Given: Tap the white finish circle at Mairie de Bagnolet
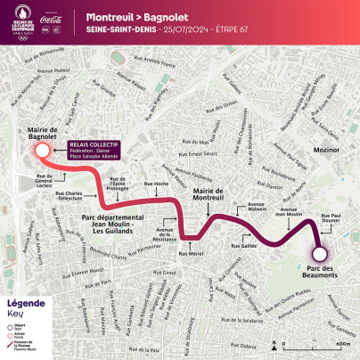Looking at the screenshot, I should coord(40,151).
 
